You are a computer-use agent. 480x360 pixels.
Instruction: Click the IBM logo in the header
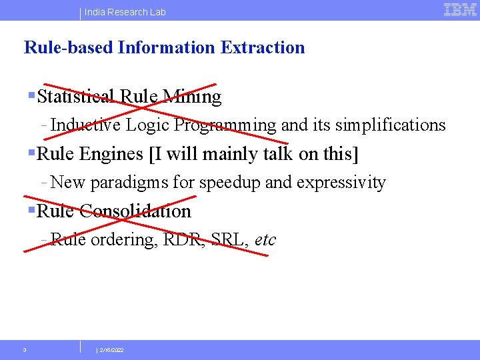coord(460,9)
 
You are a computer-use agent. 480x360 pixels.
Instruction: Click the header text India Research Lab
coord(125,12)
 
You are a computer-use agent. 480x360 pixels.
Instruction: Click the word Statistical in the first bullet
coord(77,97)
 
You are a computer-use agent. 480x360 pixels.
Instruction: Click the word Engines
coord(111,154)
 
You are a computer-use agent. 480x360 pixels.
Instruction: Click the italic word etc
coord(265,240)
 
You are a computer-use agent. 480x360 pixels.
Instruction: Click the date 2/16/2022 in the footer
coord(111,350)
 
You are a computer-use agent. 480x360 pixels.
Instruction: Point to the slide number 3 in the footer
coord(25,350)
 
